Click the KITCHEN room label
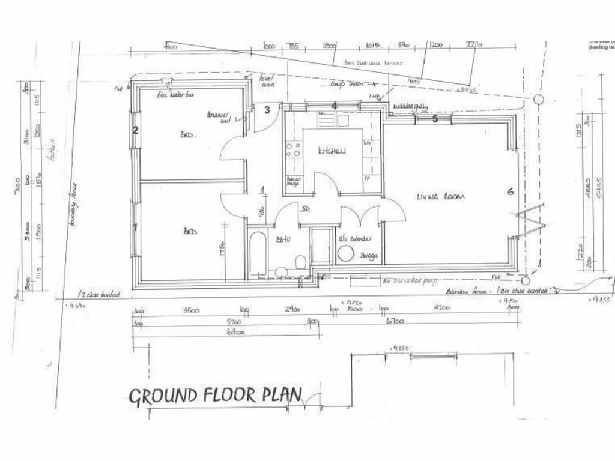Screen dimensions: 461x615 tap(332, 151)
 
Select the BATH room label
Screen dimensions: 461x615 tap(282, 240)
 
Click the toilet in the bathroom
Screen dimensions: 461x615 tap(300, 262)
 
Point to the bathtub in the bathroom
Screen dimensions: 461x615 tap(257, 252)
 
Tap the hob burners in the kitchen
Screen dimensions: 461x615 tap(294, 149)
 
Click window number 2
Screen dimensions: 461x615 tap(136, 130)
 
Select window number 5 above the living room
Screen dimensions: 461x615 tap(435, 118)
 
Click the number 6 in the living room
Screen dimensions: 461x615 tap(510, 192)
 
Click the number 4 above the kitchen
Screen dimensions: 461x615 tap(335, 106)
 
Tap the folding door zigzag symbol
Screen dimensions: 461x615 tap(532, 221)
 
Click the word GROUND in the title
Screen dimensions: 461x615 tap(163, 396)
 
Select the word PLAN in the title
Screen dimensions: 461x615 tap(282, 395)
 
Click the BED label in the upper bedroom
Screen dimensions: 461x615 tap(186, 136)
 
